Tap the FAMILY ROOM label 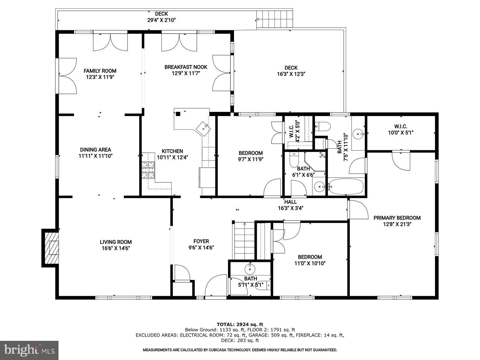[x=100, y=71]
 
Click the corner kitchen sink [x=204, y=127]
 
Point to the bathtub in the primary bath [x=346, y=187]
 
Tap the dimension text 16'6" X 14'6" [x=115, y=248]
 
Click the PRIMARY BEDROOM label [x=397, y=218]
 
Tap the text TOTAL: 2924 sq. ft [x=240, y=324]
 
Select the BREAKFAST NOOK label [x=186, y=67]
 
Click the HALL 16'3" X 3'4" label [x=290, y=205]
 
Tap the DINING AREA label [x=95, y=150]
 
